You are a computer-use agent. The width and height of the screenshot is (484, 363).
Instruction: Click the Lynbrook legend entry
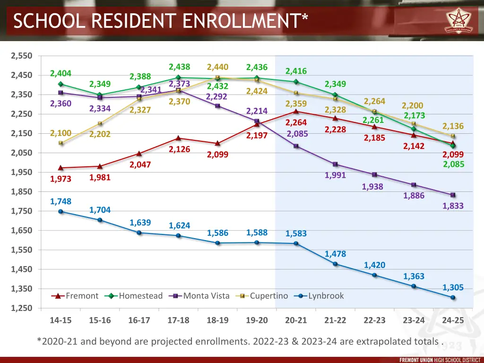point(326,296)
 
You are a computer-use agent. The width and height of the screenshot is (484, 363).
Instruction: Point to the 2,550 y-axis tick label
point(21,56)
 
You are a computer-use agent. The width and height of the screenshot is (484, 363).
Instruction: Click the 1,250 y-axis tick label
point(21,308)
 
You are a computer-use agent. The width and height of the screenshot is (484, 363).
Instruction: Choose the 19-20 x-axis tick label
point(257,320)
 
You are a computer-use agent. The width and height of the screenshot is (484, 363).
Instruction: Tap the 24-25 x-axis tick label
point(453,320)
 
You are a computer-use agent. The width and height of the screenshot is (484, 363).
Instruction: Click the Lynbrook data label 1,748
point(61,201)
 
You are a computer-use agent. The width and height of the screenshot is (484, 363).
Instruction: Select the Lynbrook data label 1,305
point(453,287)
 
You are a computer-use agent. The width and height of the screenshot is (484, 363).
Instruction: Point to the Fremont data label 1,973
point(61,179)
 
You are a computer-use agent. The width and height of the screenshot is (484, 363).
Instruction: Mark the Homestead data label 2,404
point(61,73)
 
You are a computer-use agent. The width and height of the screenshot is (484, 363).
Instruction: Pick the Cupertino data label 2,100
point(61,133)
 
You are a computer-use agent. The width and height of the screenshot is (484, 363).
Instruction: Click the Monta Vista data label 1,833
point(453,206)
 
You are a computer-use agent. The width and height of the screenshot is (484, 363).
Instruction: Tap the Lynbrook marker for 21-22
point(335,264)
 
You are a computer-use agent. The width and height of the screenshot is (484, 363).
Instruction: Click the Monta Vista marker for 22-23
point(374,175)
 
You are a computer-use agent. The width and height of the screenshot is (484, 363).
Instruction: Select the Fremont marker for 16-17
point(139,154)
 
